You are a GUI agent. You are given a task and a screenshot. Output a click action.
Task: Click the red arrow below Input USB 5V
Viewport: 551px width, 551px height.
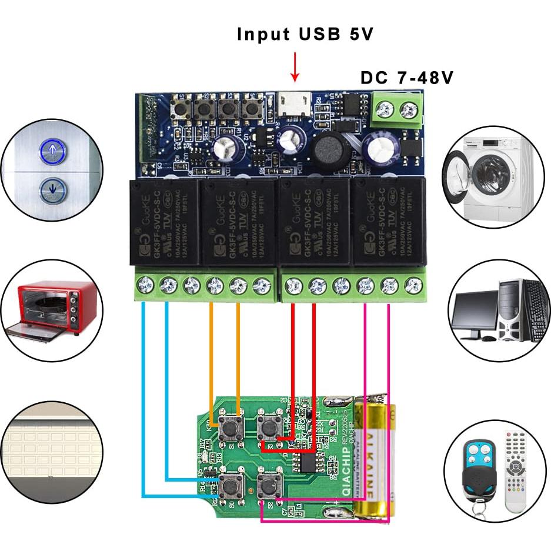[x=295, y=68]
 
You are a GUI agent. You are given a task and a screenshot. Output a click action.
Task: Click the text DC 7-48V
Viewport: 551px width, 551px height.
[x=406, y=78]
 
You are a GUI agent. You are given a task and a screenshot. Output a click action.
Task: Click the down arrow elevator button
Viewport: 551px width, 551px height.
[x=53, y=189]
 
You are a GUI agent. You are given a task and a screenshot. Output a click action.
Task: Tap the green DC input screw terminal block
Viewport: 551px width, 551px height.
[x=397, y=111]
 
